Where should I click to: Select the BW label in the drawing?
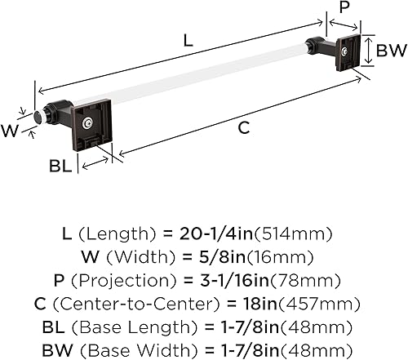[x=390, y=51]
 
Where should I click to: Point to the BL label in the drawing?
[x=57, y=167]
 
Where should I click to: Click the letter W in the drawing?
[x=10, y=127]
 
